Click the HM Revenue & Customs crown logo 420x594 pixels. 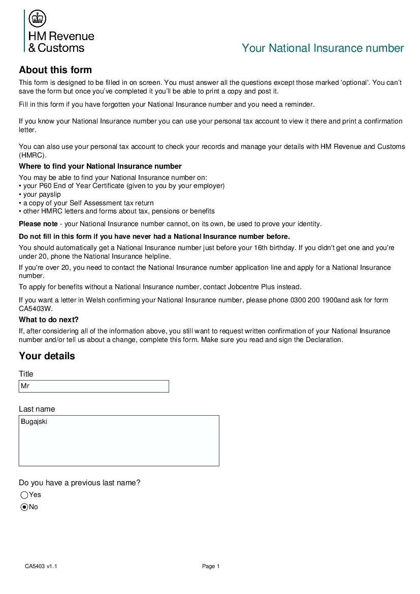tap(38, 19)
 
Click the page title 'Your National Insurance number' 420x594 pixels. tap(322, 48)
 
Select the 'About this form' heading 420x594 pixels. tap(55, 70)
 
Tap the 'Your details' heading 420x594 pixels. tap(47, 356)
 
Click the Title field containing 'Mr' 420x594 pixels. tap(93, 386)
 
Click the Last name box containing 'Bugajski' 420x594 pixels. tap(119, 440)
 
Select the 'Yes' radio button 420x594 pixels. tap(24, 495)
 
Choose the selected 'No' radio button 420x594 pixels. tap(24, 507)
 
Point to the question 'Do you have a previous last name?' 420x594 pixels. tap(79, 483)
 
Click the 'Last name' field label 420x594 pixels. tap(37, 409)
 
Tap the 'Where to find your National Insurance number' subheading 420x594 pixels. tap(100, 166)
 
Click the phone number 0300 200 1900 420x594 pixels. tap(313, 300)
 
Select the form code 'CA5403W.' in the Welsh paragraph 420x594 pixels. tap(36, 308)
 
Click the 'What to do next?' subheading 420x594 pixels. tap(49, 320)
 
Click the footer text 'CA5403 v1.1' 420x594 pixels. tap(41, 567)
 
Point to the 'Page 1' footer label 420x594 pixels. tap(211, 567)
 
